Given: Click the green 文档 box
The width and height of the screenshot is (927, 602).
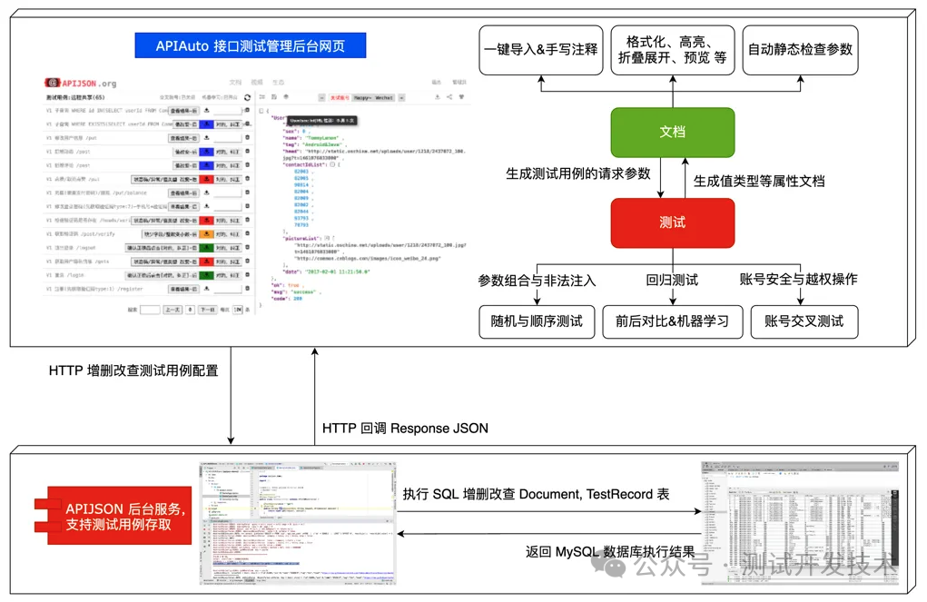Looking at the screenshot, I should pyautogui.click(x=672, y=133).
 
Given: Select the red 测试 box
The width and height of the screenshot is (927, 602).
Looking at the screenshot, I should pyautogui.click(x=672, y=222).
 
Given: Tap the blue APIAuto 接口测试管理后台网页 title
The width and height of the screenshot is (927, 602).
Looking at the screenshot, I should pyautogui.click(x=251, y=45).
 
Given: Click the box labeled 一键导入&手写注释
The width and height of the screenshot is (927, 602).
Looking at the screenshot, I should pyautogui.click(x=541, y=50).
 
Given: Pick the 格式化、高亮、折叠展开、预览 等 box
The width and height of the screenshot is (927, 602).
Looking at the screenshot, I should pyautogui.click(x=672, y=50).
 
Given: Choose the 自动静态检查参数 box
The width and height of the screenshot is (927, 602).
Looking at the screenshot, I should pyautogui.click(x=800, y=50).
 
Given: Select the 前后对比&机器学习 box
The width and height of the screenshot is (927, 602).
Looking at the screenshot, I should pyautogui.click(x=672, y=321).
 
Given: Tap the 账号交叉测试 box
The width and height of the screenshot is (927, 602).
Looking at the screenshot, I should pyautogui.click(x=804, y=321).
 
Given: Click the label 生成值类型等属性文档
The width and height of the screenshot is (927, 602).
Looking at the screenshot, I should pyautogui.click(x=759, y=181).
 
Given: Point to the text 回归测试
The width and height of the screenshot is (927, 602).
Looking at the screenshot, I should pyautogui.click(x=672, y=280).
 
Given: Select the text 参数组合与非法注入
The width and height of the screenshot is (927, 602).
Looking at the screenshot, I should pyautogui.click(x=537, y=280).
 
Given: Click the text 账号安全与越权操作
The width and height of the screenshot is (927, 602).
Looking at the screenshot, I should pyautogui.click(x=799, y=279).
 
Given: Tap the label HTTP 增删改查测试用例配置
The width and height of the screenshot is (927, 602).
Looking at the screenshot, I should pyautogui.click(x=133, y=370).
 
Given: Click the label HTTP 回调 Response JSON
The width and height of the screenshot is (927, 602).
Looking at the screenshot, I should pyautogui.click(x=405, y=428).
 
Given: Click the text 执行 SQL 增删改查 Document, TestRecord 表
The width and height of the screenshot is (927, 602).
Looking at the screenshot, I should pyautogui.click(x=537, y=494).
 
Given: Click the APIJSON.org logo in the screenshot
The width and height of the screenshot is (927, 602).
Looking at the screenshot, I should pyautogui.click(x=83, y=83).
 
